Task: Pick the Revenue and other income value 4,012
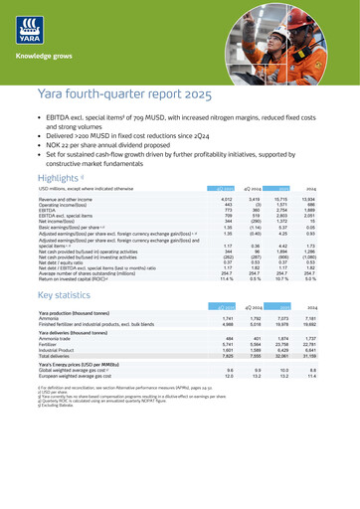coord(254,214)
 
